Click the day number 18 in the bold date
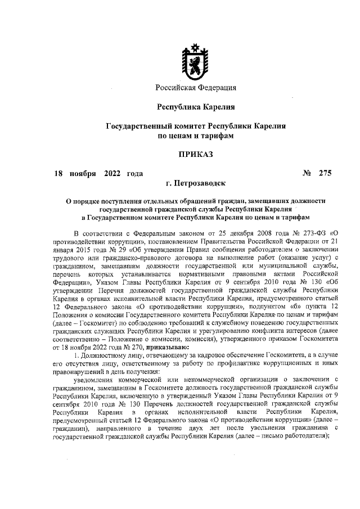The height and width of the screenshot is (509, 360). click(x=57, y=173)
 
